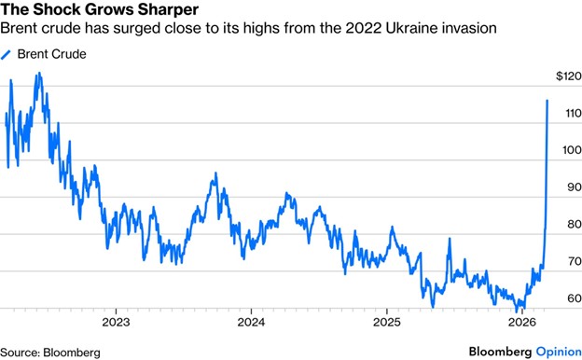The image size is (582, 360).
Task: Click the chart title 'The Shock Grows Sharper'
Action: point(100,9)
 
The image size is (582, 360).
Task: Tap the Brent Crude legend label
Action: point(52,54)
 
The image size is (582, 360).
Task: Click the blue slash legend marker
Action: point(6,55)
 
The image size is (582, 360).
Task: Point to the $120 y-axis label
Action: point(569,76)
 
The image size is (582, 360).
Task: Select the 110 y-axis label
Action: point(573,113)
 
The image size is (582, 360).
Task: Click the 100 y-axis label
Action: point(572,150)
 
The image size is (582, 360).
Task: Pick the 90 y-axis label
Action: point(575,187)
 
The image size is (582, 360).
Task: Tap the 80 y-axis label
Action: point(575,224)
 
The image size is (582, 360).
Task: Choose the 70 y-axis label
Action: point(575,261)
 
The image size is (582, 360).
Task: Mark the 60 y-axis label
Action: point(575,298)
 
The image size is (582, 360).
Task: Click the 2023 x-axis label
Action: point(117,322)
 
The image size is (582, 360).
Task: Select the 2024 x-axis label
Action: point(251,322)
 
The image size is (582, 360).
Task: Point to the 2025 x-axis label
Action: point(387,322)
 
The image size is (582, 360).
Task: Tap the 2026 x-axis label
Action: point(522,322)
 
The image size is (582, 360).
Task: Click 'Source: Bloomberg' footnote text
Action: point(50,353)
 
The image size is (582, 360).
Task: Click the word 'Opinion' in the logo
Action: point(559,352)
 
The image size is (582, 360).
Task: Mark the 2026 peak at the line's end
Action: point(547,100)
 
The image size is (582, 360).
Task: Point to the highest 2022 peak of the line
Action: point(38,74)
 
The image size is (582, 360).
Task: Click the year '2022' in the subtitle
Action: point(364,28)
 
